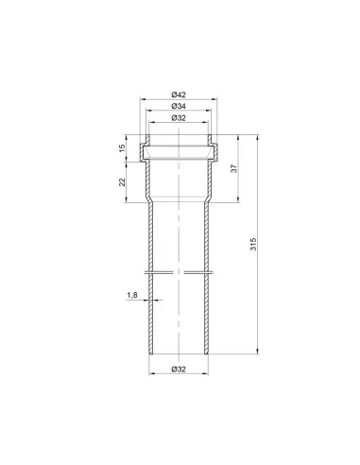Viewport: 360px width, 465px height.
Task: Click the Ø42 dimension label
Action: coord(179,95)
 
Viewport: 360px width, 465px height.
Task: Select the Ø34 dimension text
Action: coord(179,106)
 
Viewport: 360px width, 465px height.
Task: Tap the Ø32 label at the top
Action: coord(179,118)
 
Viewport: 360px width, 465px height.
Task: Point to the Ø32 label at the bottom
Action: coord(179,370)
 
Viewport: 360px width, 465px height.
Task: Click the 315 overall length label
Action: coord(253,245)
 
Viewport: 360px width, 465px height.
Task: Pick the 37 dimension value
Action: coord(233,168)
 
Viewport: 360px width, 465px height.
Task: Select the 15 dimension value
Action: coord(122,148)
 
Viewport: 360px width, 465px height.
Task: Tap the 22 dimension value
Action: coord(122,182)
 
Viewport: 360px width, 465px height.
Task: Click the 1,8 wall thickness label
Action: coord(132,295)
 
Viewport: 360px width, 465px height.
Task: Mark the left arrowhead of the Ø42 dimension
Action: coord(143,99)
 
